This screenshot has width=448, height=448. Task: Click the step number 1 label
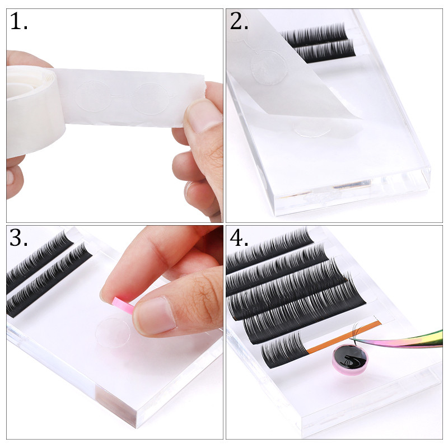pyautogui.click(x=19, y=21)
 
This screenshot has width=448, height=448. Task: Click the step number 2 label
pyautogui.click(x=239, y=21)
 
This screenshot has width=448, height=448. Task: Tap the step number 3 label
pyautogui.click(x=19, y=237)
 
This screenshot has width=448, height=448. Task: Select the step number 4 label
pyautogui.click(x=239, y=237)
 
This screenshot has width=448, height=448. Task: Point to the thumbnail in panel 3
pyautogui.click(x=155, y=314)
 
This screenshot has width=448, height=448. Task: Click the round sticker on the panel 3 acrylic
pyautogui.click(x=113, y=332)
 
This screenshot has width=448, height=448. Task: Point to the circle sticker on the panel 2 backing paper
pyautogui.click(x=265, y=67)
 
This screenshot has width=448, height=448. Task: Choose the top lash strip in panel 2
pyautogui.click(x=314, y=34)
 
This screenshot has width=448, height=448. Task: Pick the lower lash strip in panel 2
pyautogui.click(x=324, y=51)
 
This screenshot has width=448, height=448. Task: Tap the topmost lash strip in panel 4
pyautogui.click(x=269, y=249)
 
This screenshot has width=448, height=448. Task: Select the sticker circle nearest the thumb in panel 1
pyautogui.click(x=151, y=99)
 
